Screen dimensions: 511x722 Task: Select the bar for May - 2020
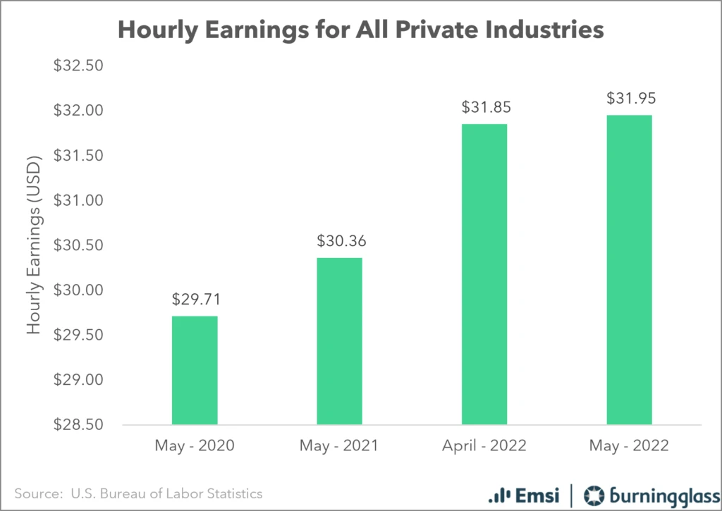[x=195, y=370]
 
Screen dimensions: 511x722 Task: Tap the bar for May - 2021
[x=340, y=341]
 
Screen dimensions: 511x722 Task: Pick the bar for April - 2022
[x=484, y=274]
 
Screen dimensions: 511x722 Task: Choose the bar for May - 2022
[x=629, y=270]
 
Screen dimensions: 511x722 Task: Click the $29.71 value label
[x=195, y=299]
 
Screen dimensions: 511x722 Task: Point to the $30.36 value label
[x=340, y=241]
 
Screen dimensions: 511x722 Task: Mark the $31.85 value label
[x=484, y=108]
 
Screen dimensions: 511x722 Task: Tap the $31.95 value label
[x=629, y=99]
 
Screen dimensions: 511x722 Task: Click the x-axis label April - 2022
[x=484, y=446]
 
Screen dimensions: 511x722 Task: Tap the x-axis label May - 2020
[x=195, y=446]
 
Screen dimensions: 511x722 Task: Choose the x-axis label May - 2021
[x=340, y=446]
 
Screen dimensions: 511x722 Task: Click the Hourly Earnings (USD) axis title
[x=34, y=245]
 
